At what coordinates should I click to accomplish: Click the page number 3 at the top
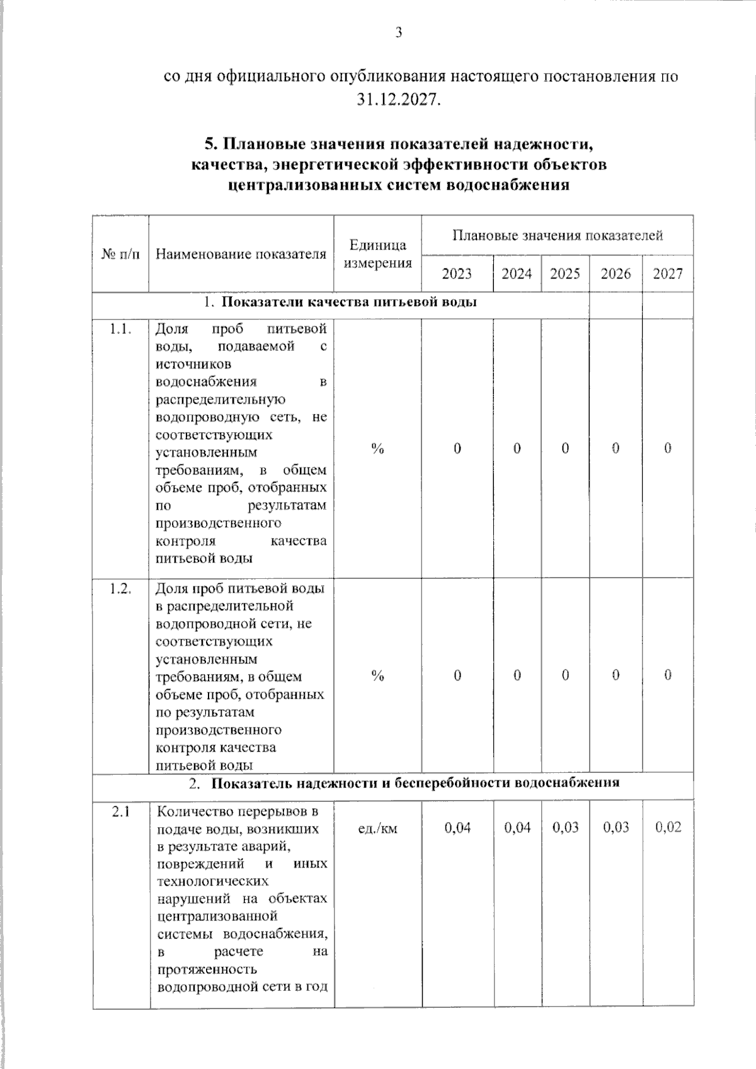tap(398, 33)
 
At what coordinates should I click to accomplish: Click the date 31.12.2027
tap(398, 100)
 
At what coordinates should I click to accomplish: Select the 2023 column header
tap(457, 273)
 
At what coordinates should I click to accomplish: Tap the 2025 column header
tap(564, 273)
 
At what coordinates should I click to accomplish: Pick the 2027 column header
tap(667, 273)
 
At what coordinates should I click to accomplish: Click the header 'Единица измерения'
tap(377, 254)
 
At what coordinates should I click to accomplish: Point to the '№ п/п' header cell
tap(120, 254)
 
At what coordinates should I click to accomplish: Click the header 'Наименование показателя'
tap(241, 254)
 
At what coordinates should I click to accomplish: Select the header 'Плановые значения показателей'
tap(557, 236)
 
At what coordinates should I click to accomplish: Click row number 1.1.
tap(120, 328)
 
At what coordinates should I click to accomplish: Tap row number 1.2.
tap(120, 588)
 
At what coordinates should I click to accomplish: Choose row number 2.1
tap(120, 811)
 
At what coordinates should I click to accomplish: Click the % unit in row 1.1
tap(377, 448)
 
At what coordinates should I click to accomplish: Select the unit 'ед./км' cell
tap(377, 828)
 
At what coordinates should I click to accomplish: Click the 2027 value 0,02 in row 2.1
tap(668, 827)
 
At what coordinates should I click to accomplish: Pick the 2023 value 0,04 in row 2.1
tap(457, 827)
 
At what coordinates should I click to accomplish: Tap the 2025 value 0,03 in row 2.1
tap(565, 827)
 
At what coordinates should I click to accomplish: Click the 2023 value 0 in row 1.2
tap(457, 675)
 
